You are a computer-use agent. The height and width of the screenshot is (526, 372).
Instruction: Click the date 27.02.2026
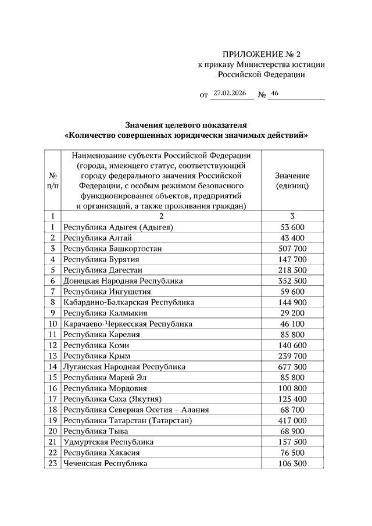click(x=231, y=92)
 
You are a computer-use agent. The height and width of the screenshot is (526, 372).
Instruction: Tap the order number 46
click(x=275, y=92)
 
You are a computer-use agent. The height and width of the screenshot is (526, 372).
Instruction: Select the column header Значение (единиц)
click(x=292, y=181)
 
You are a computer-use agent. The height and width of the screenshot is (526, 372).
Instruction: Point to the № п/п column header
click(x=53, y=181)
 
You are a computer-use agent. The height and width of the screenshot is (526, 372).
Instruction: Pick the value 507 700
click(x=292, y=248)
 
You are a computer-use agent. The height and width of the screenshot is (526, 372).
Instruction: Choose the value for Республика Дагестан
click(x=292, y=270)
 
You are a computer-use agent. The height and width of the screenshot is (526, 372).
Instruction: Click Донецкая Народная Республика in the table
click(x=123, y=281)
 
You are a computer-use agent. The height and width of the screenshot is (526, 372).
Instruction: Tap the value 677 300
click(x=292, y=367)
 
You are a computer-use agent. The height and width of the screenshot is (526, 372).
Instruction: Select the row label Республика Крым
click(x=97, y=356)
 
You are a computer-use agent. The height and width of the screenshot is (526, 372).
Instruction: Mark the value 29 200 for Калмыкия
click(x=292, y=313)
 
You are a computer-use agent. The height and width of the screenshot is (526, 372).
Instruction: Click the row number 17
click(x=53, y=399)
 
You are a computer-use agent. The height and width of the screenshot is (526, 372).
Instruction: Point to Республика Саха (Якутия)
click(x=112, y=399)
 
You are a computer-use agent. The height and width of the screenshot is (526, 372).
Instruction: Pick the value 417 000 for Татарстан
click(x=292, y=420)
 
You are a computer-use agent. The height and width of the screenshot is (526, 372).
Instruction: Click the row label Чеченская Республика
click(x=106, y=463)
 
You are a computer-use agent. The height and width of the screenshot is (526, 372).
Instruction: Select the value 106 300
click(x=292, y=463)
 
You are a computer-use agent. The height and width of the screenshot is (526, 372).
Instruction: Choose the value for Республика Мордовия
click(x=292, y=388)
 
